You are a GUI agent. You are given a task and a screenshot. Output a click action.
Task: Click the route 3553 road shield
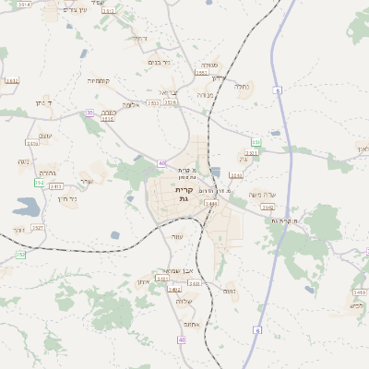pos(201,72)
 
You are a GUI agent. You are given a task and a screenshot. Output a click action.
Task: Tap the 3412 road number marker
pos(12,81)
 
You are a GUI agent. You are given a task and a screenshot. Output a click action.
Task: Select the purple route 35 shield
pos(89,113)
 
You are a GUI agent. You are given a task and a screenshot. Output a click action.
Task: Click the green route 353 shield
pos(256,142)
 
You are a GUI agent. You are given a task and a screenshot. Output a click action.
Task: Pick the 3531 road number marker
pos(251,153)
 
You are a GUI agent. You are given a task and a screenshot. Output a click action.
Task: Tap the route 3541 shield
pos(236,174)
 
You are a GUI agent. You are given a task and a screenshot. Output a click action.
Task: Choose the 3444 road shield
pos(211,202)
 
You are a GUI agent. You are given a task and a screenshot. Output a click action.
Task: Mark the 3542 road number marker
pos(268,208)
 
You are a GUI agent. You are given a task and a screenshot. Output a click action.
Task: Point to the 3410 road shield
pos(359,292)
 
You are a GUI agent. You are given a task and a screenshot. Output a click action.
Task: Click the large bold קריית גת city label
pos(184,194)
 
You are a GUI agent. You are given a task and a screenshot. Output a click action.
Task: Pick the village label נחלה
pos(242,87)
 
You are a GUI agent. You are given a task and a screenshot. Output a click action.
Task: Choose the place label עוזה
pos(176,236)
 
